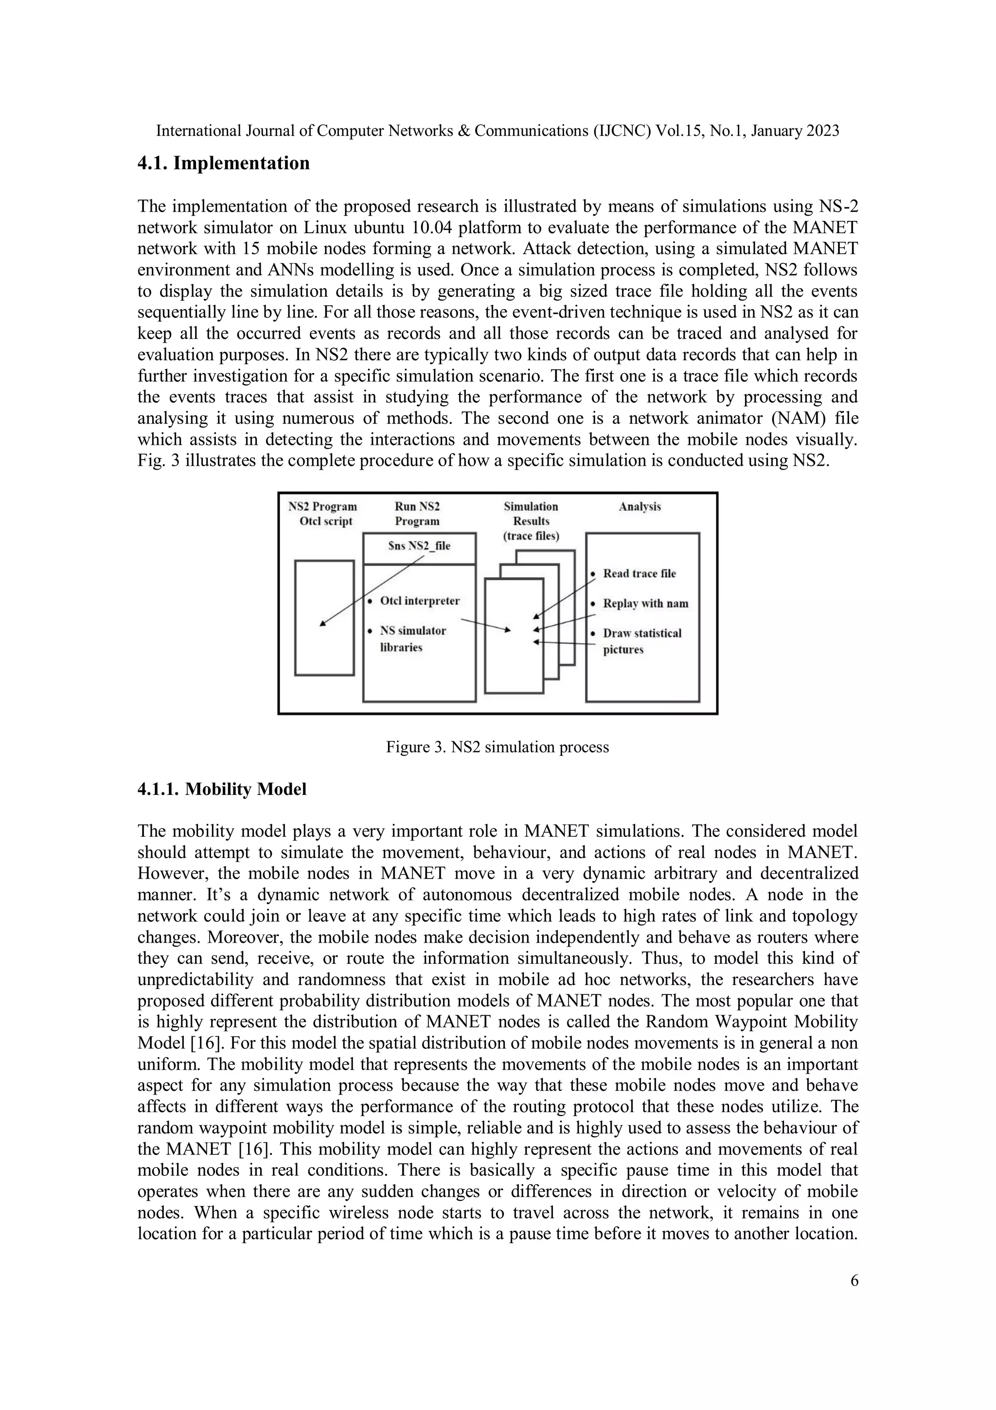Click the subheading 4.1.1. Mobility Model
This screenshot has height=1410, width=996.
point(222,789)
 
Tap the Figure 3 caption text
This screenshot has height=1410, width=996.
point(497,748)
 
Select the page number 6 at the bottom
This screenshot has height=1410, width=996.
point(854,1281)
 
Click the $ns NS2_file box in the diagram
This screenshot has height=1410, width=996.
point(419,546)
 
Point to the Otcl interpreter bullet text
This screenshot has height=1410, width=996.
point(419,601)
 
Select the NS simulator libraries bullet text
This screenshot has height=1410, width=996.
point(412,639)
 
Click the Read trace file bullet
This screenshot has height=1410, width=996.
point(639,573)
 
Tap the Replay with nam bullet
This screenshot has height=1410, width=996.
point(645,604)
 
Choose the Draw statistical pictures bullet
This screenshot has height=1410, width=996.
point(641,641)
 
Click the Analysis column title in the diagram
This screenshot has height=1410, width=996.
point(640,507)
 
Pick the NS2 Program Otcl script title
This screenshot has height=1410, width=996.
point(323,514)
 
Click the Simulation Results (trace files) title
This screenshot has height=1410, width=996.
point(531,521)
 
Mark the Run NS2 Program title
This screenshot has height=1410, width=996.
point(417,514)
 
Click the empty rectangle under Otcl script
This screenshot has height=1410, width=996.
point(325,617)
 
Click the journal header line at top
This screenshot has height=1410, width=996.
point(497,131)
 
